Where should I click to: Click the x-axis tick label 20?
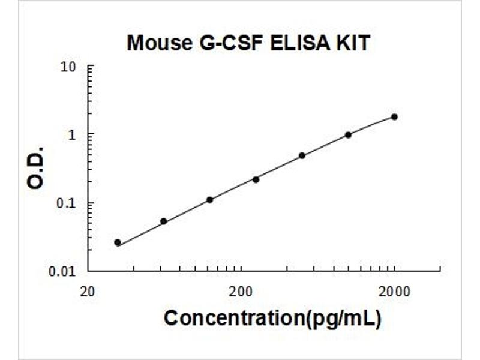point(88,292)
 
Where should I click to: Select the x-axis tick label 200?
point(240,292)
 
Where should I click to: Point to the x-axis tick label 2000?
point(394,292)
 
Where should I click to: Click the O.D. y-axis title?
point(37,167)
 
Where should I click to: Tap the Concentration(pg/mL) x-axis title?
point(272,319)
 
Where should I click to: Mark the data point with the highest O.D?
point(394,116)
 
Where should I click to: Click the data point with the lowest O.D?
point(118,242)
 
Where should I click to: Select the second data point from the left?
point(163,221)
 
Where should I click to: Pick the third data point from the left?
point(209,200)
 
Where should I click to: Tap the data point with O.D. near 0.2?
point(256,179)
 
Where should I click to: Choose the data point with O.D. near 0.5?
point(302,155)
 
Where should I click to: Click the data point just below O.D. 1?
point(348,135)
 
